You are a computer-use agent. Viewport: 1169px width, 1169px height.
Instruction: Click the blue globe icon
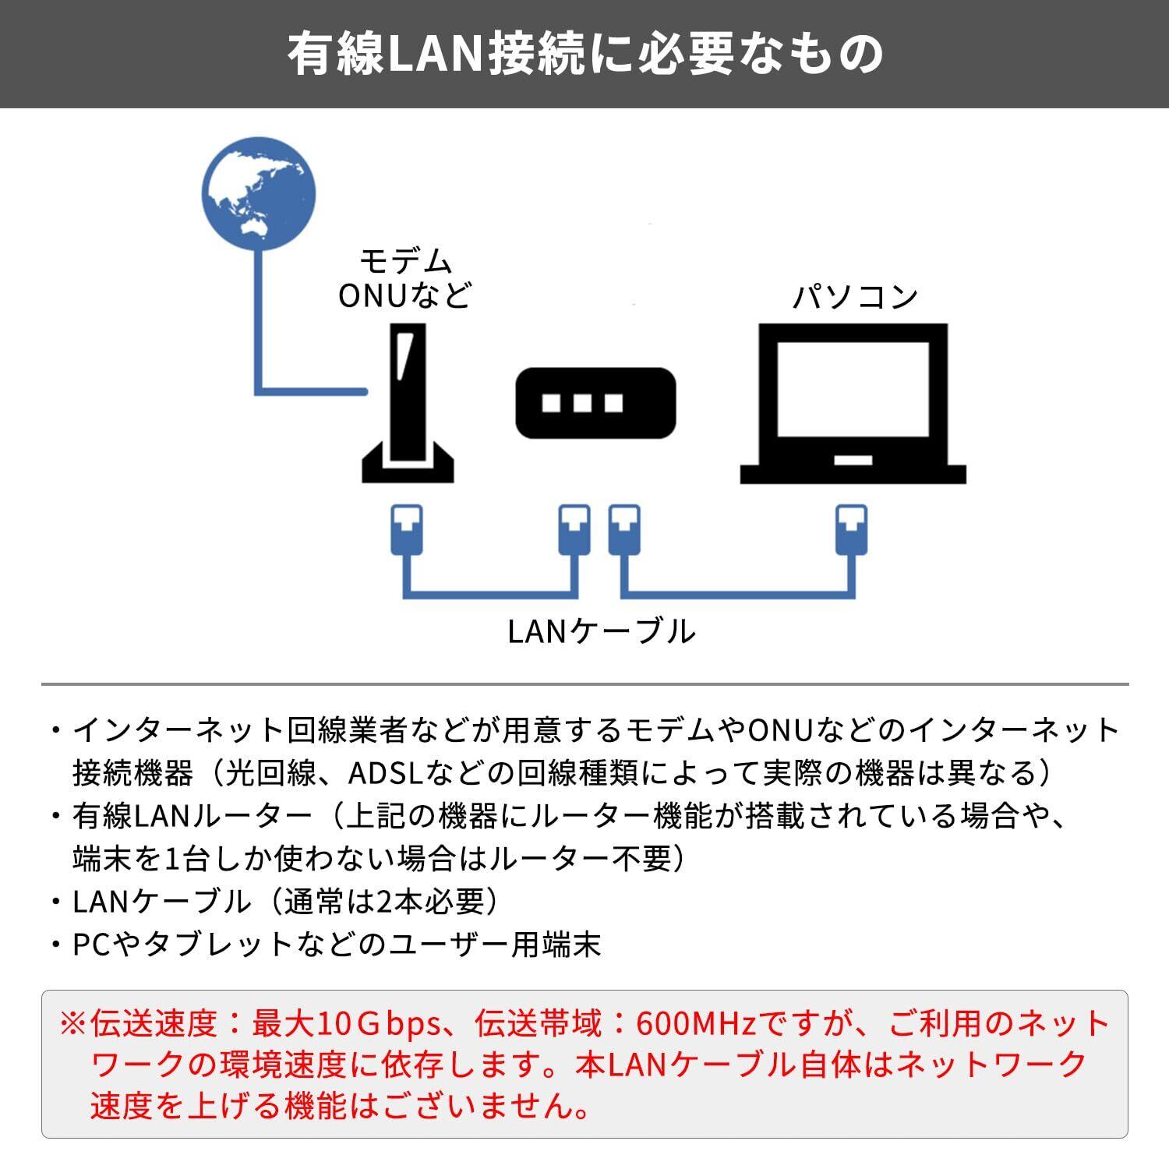coord(258,193)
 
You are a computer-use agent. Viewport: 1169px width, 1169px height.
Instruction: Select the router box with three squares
coord(595,402)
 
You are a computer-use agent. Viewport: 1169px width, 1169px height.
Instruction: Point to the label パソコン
coord(855,297)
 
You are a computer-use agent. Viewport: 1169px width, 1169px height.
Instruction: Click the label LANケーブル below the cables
coord(601,630)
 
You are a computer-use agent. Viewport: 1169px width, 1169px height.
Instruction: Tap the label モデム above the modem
coord(405,261)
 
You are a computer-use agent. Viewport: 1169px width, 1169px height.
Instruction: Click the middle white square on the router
coord(582,403)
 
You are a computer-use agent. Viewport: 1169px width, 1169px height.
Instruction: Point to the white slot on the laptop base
coord(853,461)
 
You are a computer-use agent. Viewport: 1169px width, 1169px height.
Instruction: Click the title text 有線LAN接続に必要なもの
coord(584,54)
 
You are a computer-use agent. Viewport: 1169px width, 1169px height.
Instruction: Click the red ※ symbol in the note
coord(75,1023)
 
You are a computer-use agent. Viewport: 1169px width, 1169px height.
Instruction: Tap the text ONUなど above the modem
coord(405,296)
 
